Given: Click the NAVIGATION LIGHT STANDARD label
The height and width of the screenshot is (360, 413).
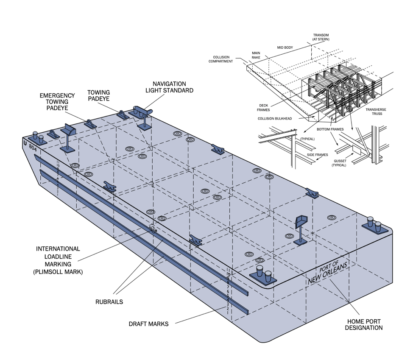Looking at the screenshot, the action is tap(169, 87).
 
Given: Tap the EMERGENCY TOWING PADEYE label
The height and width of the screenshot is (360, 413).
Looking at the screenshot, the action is tap(57, 102).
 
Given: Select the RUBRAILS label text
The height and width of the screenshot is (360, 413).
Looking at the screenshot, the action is tap(109, 302).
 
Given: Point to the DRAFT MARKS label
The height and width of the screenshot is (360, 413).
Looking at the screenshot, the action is tap(148, 324).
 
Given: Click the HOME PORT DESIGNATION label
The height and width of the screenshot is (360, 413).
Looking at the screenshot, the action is tap(364, 324).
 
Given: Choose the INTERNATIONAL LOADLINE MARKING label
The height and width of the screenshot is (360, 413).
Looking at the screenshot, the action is tap(58, 260).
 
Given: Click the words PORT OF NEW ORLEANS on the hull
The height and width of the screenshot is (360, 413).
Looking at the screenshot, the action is tap(328, 272).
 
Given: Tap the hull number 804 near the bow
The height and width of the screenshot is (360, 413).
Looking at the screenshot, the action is tap(33, 148).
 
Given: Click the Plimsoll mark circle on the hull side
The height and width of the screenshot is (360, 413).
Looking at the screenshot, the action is tap(153, 230).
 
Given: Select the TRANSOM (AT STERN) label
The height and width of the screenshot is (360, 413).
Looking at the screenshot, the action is tap(321, 37).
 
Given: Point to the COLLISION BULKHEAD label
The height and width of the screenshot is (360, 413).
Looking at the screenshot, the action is tap(275, 118).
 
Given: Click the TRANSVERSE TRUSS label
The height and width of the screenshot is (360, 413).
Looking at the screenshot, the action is tap(376, 112).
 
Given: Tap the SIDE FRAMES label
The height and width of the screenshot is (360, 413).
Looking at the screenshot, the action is tap(318, 155).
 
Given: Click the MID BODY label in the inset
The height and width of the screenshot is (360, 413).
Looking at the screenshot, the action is tap(285, 47).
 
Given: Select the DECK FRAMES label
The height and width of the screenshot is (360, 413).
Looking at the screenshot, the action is tap(263, 108).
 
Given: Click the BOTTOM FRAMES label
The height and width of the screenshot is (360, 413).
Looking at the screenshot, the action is tap(330, 129).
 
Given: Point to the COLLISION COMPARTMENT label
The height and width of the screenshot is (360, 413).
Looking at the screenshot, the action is tap(221, 59).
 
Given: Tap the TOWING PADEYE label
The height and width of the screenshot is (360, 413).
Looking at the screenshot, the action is tap(98, 95).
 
